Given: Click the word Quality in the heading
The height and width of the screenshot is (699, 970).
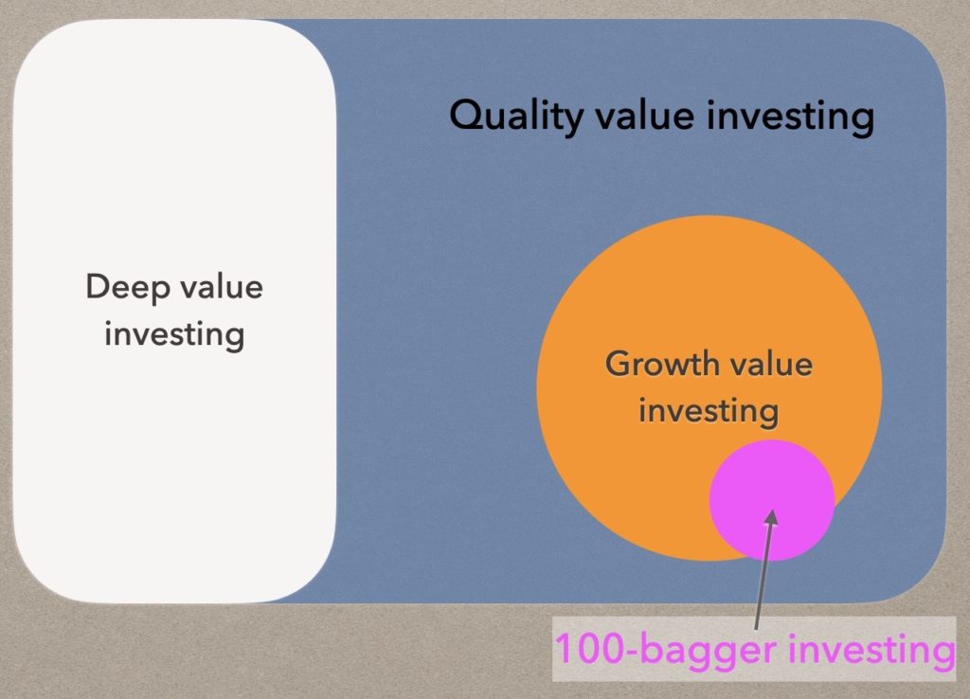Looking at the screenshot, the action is point(516,116).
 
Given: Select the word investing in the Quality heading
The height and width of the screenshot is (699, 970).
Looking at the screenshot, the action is point(790,117).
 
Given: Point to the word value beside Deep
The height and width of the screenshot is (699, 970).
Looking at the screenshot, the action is point(223,287).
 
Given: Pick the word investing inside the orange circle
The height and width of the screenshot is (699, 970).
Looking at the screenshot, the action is point(709,412).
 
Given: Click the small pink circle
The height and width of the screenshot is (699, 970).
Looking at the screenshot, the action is point(771,500).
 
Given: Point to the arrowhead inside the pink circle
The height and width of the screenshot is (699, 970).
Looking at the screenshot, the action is point(771,517).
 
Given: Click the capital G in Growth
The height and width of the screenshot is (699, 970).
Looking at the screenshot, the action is point(618,364).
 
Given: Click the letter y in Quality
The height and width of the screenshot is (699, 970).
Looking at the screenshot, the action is point(571,121).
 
